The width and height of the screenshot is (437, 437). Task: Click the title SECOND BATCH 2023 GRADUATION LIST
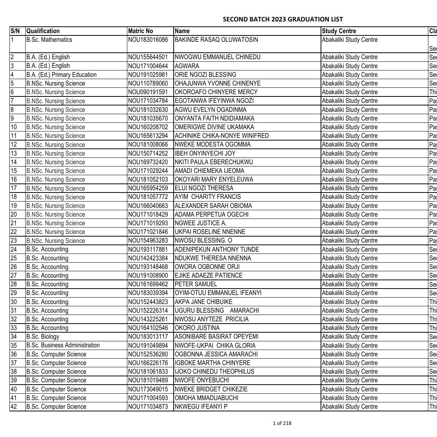coord(283,19)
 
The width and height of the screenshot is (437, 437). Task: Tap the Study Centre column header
coord(339,31)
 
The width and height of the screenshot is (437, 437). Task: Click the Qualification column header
coord(43,31)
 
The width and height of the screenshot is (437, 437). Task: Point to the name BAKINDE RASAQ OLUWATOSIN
coord(216,40)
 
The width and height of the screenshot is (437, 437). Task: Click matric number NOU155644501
coord(148,57)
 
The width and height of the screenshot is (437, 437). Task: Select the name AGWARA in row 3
coord(187,66)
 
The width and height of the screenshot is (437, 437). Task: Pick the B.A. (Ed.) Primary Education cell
coord(61,75)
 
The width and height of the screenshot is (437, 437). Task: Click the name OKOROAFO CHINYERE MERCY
coord(216,92)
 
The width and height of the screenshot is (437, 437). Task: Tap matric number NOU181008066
coord(148,145)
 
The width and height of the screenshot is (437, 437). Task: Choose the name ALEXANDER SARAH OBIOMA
coord(214,206)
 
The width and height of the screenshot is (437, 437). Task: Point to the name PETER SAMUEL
coord(196,284)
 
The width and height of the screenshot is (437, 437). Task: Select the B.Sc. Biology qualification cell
coord(43,337)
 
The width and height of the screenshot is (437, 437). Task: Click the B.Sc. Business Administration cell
coord(63,345)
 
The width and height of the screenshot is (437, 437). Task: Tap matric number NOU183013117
coord(148,337)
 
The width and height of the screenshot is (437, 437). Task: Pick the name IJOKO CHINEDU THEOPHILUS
coord(214,371)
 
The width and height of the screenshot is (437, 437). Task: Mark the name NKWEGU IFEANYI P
coord(201,406)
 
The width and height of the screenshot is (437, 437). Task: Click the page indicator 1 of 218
coord(282,423)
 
